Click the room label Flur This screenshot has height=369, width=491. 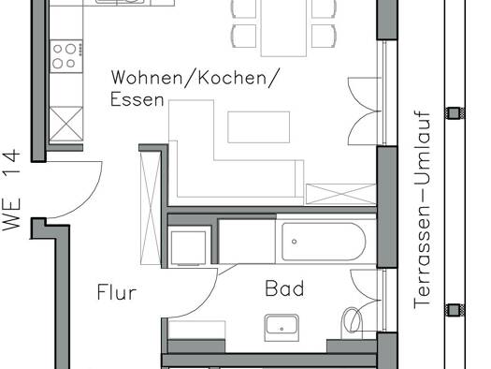click(x=117, y=292)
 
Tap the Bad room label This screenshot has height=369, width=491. click(x=284, y=288)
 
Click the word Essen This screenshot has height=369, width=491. click(x=137, y=99)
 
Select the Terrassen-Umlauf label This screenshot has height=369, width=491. click(x=422, y=210)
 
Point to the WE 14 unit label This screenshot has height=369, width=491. click(x=11, y=190)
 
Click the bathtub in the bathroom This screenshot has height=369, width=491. click(x=324, y=242)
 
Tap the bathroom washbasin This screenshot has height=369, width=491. click(x=282, y=328)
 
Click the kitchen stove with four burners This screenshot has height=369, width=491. click(x=66, y=56)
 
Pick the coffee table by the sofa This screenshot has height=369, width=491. click(x=259, y=127)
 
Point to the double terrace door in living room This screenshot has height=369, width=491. click(x=364, y=111)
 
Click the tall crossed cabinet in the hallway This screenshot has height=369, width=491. click(x=151, y=208)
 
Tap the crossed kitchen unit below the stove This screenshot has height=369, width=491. click(x=66, y=124)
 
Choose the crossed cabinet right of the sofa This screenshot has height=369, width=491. click(x=340, y=194)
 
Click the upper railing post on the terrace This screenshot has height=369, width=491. click(x=455, y=113)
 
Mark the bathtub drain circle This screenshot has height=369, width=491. click(x=294, y=242)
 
